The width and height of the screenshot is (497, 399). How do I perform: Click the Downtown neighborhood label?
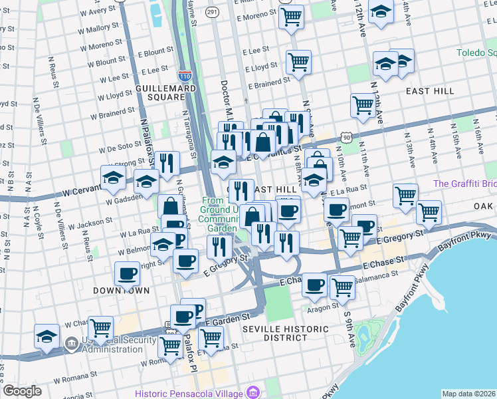pos(121,291)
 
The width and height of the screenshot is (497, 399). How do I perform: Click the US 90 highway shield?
pos(346,136)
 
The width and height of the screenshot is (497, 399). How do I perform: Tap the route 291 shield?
pos(212,12)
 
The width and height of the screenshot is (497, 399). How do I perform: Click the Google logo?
pos(23,391)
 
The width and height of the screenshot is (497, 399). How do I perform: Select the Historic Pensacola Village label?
pos(189,393)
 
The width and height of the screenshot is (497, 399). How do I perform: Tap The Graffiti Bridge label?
pos(464,184)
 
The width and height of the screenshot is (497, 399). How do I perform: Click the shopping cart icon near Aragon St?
pos(342,287)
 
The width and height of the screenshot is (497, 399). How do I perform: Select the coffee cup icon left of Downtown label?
pos(127,273)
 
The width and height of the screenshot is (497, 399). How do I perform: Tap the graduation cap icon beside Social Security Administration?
pos(47,336)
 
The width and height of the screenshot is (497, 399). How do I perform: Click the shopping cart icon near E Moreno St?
pos(291,17)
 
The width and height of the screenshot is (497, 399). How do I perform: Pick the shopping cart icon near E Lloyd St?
pos(298,62)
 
